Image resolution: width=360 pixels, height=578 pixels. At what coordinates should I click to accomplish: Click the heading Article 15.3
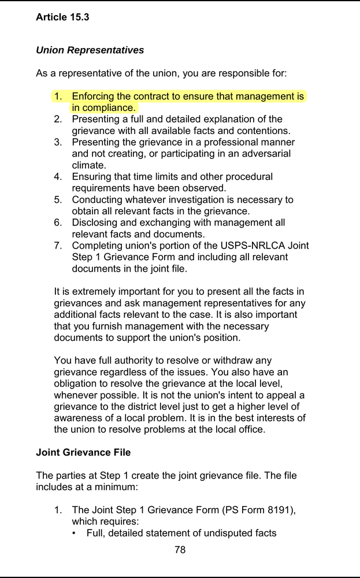(x=62, y=17)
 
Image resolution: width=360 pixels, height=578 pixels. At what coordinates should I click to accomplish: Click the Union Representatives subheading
(x=90, y=50)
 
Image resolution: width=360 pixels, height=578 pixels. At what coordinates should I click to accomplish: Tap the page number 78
(x=180, y=550)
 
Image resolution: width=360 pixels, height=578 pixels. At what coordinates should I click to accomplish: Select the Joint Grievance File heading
(x=83, y=453)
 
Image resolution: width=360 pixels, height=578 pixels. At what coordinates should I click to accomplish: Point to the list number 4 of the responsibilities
(x=58, y=177)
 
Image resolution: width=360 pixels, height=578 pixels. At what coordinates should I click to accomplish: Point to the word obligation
(x=76, y=384)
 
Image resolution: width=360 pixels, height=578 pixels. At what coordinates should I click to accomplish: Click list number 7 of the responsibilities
(x=58, y=246)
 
